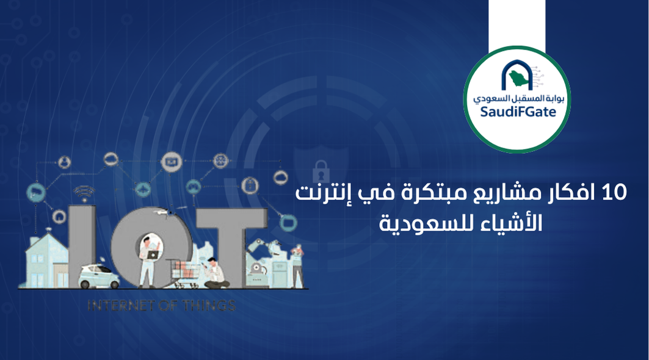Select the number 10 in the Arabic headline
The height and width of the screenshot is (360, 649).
click(x=614, y=194)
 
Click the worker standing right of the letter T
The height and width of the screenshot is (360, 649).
click(x=297, y=266)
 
